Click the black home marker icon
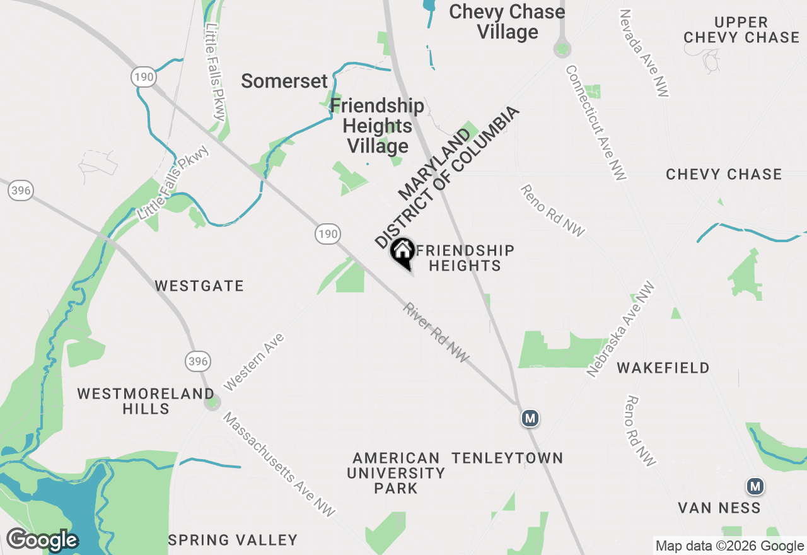[x=402, y=252]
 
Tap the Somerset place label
[x=284, y=81]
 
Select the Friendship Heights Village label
[x=377, y=126]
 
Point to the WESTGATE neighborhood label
[x=199, y=286]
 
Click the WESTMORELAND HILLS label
[x=146, y=401]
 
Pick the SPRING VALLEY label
[x=233, y=540]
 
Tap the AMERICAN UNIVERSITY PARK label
[x=396, y=473]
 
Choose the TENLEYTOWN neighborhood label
[x=507, y=458]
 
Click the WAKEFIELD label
[x=663, y=368]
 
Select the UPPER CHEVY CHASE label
[x=741, y=30]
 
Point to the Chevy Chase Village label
[x=507, y=21]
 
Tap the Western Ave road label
[x=253, y=362]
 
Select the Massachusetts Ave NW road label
[x=279, y=465]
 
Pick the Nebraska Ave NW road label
[x=621, y=329]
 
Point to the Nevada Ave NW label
[x=643, y=53]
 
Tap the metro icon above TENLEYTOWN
[x=530, y=418]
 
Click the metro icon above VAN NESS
[x=755, y=486]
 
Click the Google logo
[x=42, y=540]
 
